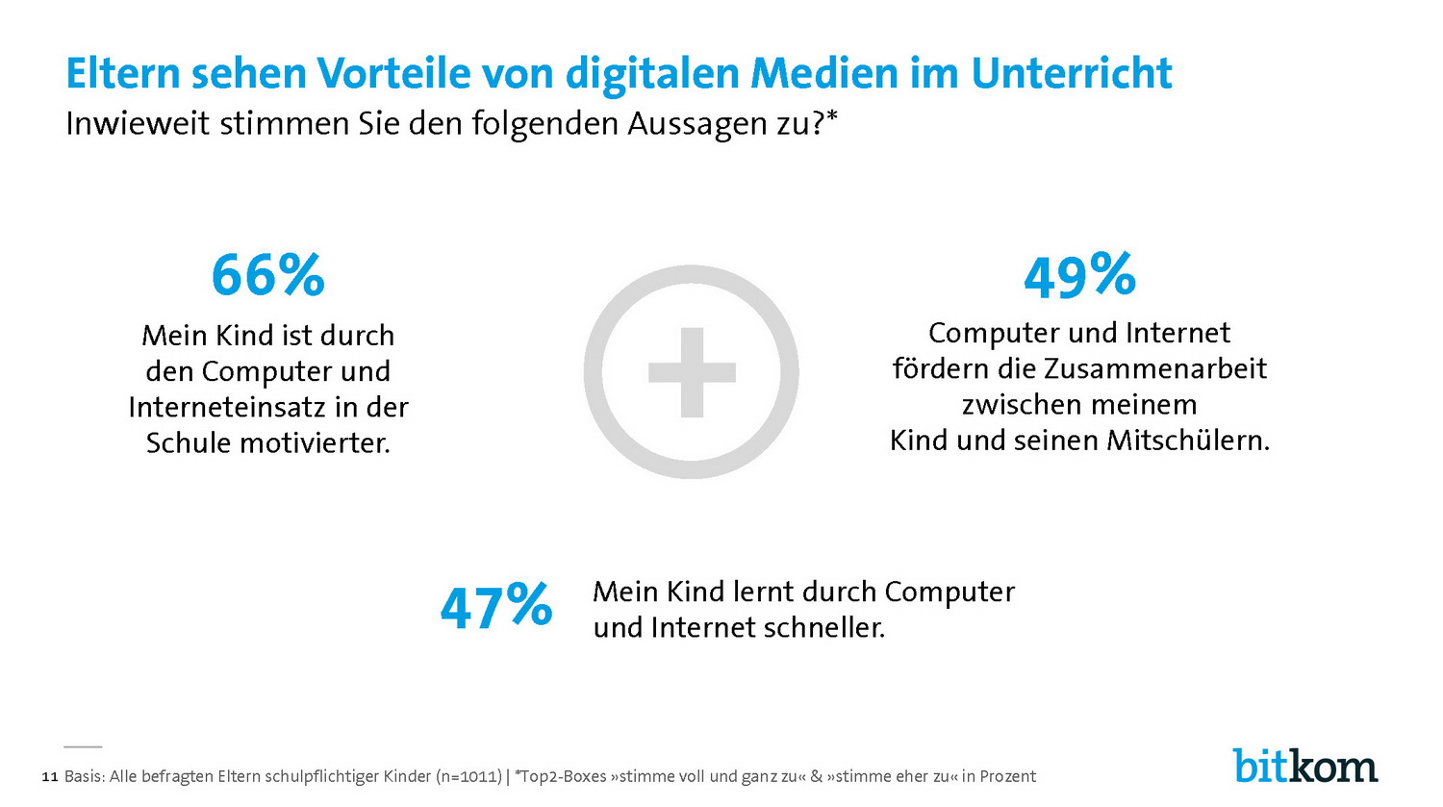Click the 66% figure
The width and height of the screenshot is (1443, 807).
click(x=267, y=275)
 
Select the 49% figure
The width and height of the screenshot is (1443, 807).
click(x=1079, y=276)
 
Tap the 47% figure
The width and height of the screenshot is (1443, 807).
click(x=495, y=606)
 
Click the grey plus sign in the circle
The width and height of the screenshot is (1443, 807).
click(x=692, y=372)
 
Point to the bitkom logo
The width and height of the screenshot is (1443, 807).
click(x=1305, y=766)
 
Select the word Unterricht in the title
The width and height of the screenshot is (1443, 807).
click(x=1071, y=74)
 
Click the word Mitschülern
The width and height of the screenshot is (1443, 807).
click(x=1188, y=441)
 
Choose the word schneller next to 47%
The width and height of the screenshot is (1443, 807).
click(x=823, y=628)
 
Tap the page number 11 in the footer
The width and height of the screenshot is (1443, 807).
click(x=50, y=777)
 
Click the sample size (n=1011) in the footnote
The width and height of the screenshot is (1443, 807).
click(x=468, y=777)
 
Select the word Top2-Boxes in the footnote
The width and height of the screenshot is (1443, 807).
click(x=561, y=777)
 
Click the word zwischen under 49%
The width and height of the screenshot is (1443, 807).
click(x=1017, y=405)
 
